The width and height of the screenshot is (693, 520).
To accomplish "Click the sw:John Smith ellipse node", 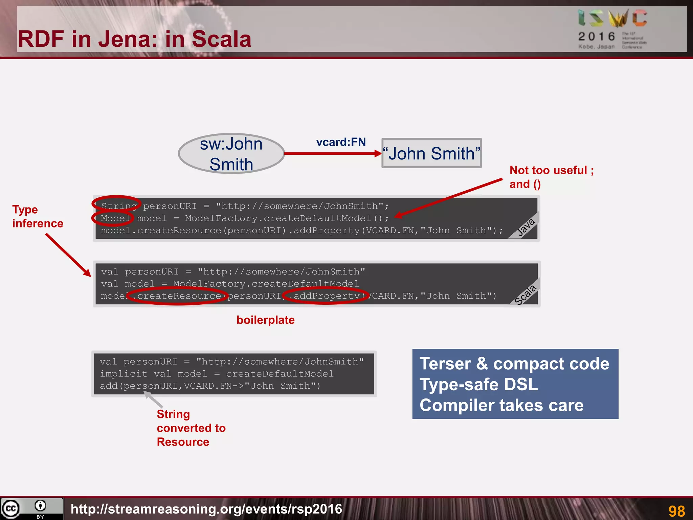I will (231, 154).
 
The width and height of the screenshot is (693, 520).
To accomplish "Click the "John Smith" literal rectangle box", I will (431, 153).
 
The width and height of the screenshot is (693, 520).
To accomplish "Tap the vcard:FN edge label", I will (341, 142).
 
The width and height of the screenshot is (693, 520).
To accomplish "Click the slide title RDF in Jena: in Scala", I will (135, 39).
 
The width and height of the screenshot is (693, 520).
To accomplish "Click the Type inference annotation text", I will (37, 216).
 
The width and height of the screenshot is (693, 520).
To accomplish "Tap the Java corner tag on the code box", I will (526, 227).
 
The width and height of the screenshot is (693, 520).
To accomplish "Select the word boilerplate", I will (265, 320).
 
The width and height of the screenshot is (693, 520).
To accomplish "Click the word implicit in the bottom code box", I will (124, 374).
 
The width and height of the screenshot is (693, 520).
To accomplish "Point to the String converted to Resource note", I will (191, 428).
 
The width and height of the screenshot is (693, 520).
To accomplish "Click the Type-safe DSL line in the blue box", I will (478, 385).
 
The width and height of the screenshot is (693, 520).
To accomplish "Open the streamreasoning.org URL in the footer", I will (206, 509).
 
